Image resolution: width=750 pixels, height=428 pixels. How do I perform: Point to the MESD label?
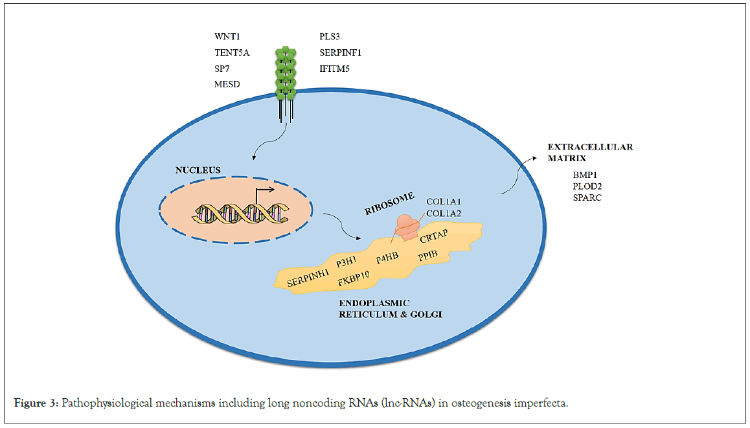(x=227, y=84)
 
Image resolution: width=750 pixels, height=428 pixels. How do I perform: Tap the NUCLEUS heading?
(x=197, y=170)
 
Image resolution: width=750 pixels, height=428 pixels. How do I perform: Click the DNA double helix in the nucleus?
(x=236, y=210)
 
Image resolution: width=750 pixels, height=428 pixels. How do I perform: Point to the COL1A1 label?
(x=443, y=201)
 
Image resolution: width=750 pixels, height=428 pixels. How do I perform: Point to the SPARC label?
(x=587, y=197)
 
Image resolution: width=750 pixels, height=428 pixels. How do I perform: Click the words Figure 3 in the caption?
(x=36, y=404)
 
